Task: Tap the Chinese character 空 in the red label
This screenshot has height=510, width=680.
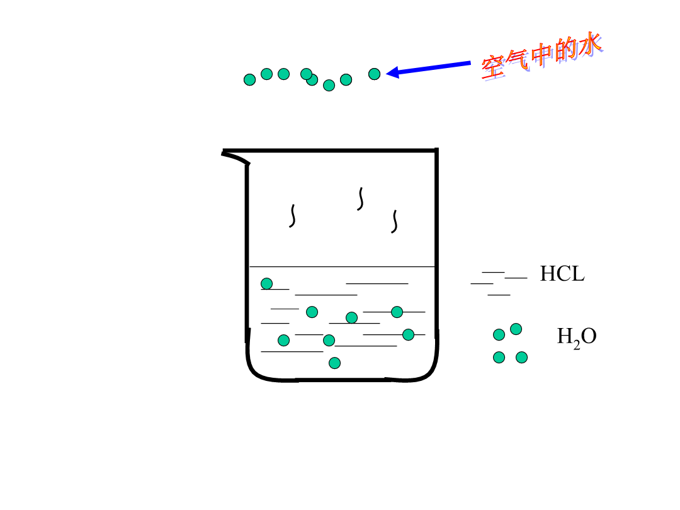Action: [494, 67]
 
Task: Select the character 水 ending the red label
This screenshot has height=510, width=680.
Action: [589, 44]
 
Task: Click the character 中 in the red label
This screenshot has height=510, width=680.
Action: [542, 55]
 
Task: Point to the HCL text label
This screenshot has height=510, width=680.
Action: [562, 274]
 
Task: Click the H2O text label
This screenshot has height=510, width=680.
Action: [576, 337]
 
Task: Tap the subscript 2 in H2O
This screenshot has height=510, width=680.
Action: [576, 345]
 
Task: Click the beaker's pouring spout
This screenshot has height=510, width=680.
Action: [235, 156]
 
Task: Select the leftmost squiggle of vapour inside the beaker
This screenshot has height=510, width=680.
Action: [293, 216]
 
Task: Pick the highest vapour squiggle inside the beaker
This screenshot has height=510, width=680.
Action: [360, 199]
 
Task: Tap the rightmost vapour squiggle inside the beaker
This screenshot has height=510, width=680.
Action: [395, 222]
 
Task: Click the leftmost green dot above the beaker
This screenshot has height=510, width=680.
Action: [250, 80]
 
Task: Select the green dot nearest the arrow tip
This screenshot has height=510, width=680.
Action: [374, 74]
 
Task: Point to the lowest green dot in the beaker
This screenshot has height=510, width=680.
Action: [334, 363]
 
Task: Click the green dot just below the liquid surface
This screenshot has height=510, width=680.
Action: [267, 283]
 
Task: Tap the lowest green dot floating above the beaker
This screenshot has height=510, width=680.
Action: [329, 86]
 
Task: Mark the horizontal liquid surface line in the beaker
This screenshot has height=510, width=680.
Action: [342, 267]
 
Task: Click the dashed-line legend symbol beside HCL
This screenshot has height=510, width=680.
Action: [499, 283]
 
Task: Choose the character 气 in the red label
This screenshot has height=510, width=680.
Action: [518, 60]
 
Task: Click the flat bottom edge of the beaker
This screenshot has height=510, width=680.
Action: [342, 380]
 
